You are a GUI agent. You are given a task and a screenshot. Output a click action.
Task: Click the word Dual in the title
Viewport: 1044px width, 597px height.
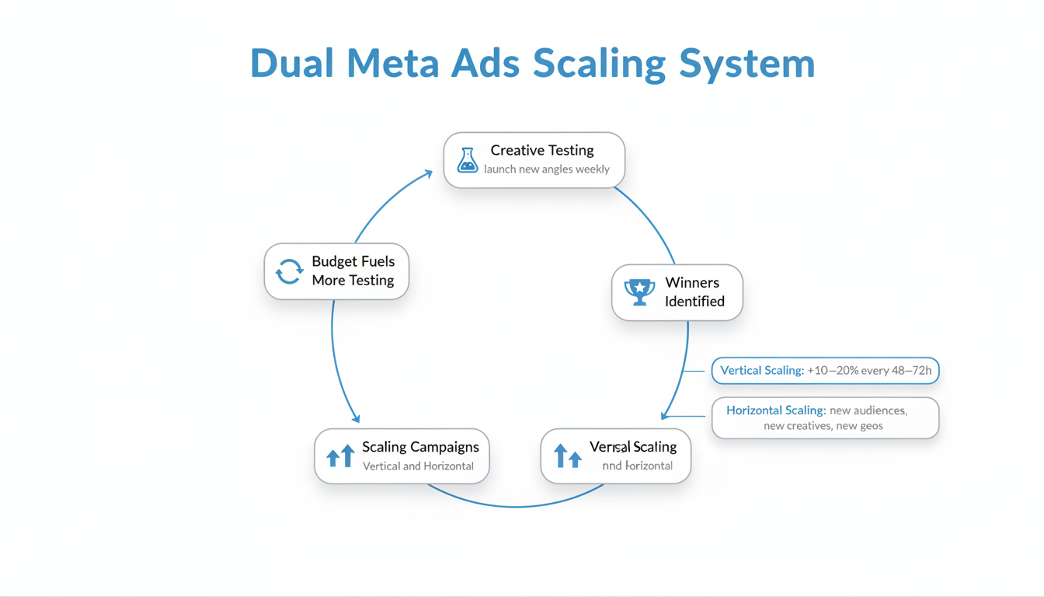click(291, 64)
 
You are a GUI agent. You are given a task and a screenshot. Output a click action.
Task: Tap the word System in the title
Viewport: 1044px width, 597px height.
click(747, 64)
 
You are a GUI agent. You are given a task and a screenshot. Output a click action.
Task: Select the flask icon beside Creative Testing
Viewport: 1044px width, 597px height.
click(467, 160)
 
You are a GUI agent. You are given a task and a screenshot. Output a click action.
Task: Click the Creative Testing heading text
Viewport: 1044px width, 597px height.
click(541, 150)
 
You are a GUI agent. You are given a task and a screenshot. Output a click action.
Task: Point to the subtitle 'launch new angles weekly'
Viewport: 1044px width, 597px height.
click(546, 169)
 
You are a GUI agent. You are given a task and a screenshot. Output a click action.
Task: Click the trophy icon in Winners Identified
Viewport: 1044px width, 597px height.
click(639, 292)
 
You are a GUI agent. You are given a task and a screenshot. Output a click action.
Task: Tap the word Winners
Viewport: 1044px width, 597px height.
click(692, 282)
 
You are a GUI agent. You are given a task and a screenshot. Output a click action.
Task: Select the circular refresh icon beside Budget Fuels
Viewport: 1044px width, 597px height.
click(289, 271)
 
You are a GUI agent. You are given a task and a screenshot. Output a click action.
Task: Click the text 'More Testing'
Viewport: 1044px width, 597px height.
click(353, 281)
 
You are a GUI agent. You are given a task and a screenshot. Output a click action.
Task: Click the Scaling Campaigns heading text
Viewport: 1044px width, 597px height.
click(420, 447)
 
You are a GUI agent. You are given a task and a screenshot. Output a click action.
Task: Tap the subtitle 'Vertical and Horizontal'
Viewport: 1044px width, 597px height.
click(418, 466)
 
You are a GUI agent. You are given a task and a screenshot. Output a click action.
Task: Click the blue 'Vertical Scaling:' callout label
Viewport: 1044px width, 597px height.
click(762, 371)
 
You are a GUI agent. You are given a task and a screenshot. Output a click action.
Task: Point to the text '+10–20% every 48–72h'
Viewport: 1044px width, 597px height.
click(869, 371)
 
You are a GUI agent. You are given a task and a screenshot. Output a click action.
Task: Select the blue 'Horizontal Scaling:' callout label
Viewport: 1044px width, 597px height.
click(776, 410)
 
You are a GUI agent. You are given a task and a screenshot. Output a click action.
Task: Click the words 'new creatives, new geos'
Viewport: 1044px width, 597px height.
click(823, 426)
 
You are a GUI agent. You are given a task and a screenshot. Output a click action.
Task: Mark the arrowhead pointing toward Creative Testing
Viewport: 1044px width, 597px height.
click(428, 174)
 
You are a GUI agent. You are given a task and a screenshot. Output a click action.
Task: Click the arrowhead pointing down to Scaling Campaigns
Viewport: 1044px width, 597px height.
click(356, 418)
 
